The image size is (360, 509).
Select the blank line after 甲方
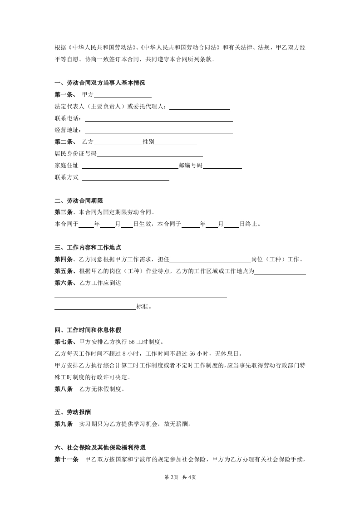coord(122,95)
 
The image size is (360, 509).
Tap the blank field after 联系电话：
coord(158,119)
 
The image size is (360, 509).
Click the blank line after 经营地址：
coord(158,131)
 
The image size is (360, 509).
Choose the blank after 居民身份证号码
coord(149,154)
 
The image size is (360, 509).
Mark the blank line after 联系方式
coord(125,178)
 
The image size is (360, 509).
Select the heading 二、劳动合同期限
coord(79,201)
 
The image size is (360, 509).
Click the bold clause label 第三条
coord(63,212)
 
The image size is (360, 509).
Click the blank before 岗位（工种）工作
coord(210,260)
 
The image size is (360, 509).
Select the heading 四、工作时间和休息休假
coord(88,330)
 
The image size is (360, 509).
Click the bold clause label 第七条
coord(63,342)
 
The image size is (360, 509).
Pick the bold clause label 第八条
coord(63,389)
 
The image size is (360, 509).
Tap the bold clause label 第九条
coord(63,425)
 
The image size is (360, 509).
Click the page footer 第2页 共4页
coord(180,477)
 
